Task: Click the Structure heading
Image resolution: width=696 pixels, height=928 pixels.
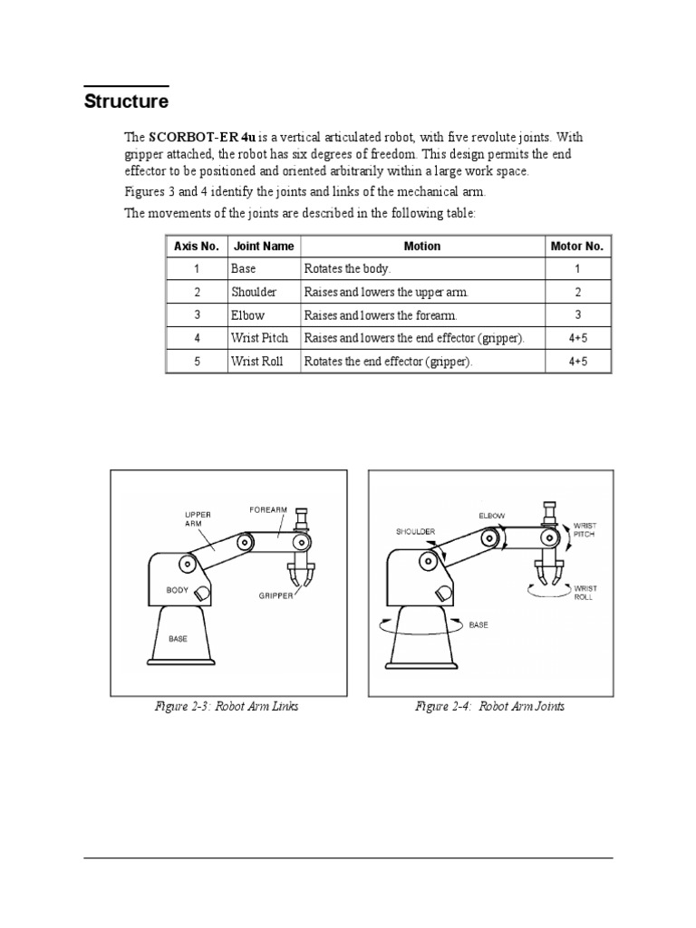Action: [x=126, y=101]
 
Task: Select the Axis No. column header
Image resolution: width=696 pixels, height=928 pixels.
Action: [x=197, y=246]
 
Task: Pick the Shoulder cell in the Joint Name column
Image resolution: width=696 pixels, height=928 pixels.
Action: [x=254, y=293]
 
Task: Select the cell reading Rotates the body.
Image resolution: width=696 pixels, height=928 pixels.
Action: [x=347, y=269]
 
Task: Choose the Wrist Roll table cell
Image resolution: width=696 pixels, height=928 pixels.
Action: [x=257, y=361]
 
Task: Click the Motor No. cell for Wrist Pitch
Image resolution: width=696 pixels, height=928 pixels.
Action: [x=578, y=338]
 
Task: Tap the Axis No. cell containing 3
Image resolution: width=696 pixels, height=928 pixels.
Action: [x=196, y=315]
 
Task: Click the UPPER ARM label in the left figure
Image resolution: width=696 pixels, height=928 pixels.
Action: [x=198, y=518]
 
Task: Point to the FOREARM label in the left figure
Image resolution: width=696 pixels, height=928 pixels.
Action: [x=267, y=510]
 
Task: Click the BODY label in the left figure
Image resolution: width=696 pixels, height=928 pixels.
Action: [x=178, y=590]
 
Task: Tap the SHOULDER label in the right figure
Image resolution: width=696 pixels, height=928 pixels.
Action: [x=415, y=532]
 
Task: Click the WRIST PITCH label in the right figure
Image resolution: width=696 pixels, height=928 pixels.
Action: [x=585, y=530]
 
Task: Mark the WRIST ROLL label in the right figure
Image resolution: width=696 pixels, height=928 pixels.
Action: [x=585, y=594]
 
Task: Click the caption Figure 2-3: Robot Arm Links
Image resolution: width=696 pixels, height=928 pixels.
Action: [x=227, y=706]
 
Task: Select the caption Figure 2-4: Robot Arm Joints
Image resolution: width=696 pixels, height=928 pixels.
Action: [x=489, y=706]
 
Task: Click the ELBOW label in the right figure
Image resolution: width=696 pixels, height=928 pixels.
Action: [x=492, y=516]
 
